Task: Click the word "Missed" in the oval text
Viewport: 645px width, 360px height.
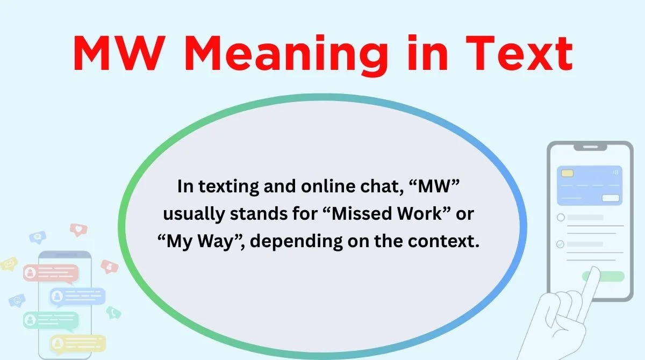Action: pyautogui.click(x=357, y=214)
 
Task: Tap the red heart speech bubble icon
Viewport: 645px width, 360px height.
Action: pyautogui.click(x=78, y=230)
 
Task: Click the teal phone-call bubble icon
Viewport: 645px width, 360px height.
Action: pyautogui.click(x=113, y=312)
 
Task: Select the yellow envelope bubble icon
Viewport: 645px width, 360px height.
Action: pyautogui.click(x=9, y=263)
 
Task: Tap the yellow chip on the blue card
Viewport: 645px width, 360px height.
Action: pyautogui.click(x=567, y=174)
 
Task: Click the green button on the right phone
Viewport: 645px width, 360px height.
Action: pyautogui.click(x=603, y=276)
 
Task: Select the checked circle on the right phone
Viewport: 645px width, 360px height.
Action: pyautogui.click(x=561, y=244)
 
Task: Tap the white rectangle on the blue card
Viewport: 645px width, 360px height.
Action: pyautogui.click(x=610, y=198)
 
